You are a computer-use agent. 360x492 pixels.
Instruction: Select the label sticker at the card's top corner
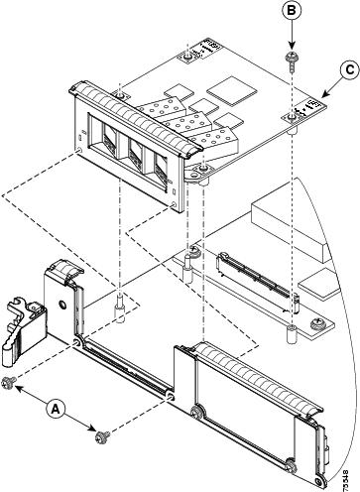coord(212,47)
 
